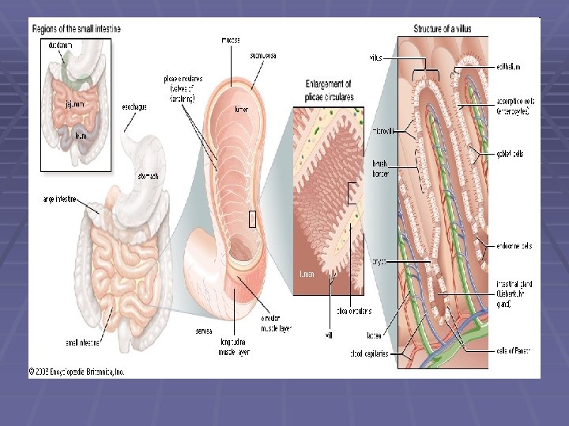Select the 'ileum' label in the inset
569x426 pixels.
[81, 136]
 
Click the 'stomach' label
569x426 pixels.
[149, 177]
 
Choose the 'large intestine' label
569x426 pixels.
[59, 200]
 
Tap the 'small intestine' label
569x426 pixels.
[61, 342]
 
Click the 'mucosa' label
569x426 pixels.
[231, 39]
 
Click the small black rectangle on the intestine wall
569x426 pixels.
[252, 219]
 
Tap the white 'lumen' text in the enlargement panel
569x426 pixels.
[307, 275]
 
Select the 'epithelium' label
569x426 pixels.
[510, 67]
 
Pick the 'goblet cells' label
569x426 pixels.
[510, 154]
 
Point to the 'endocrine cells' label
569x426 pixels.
[514, 246]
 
